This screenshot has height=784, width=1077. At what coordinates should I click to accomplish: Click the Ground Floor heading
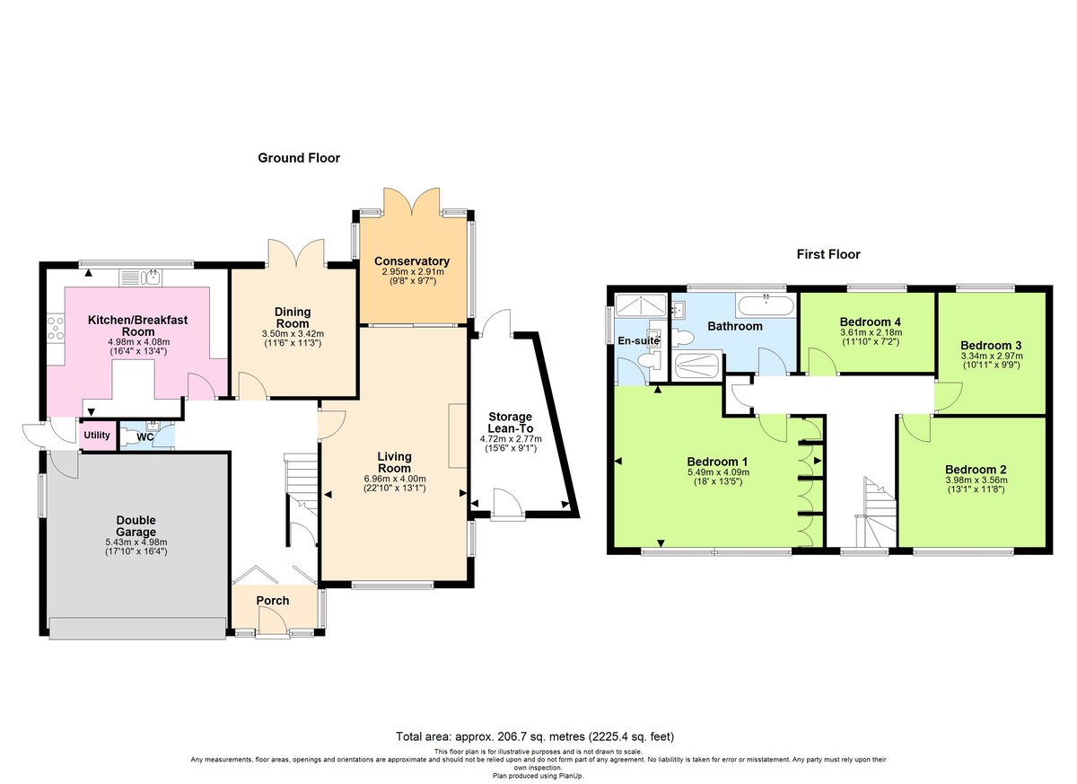[299, 158]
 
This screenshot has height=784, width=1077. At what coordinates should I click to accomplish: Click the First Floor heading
[828, 254]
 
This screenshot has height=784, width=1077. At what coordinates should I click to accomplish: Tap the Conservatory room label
[412, 261]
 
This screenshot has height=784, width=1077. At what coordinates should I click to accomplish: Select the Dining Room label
[293, 317]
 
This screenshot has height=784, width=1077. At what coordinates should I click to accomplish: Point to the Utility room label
[96, 436]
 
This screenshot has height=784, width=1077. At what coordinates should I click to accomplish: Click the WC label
[145, 437]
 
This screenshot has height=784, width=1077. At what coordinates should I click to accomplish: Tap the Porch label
[272, 600]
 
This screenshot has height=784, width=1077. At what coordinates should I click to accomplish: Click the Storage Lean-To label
[510, 423]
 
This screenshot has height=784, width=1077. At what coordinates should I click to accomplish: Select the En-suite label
[638, 340]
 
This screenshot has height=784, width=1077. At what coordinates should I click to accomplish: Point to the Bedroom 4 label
[870, 322]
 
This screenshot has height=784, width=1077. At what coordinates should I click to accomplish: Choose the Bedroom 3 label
[990, 345]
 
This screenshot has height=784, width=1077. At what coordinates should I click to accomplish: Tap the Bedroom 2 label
[975, 469]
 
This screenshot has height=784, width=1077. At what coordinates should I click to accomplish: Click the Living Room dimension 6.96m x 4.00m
[394, 479]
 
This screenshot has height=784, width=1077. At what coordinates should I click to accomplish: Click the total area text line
[535, 736]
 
